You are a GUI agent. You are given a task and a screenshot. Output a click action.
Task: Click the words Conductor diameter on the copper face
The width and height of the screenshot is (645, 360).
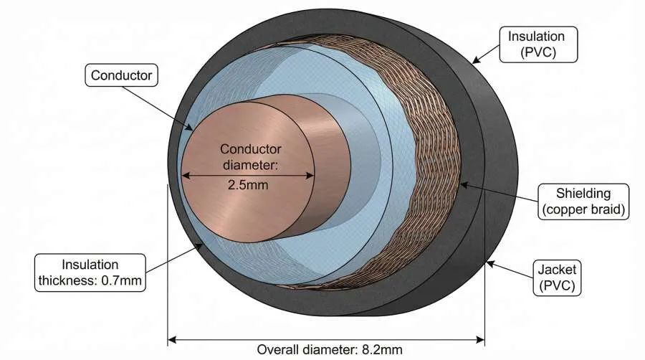250,158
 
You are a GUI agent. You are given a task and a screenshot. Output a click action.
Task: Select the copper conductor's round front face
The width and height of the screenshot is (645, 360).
236,215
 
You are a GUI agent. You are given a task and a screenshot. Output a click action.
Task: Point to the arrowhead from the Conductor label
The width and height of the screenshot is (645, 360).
191,130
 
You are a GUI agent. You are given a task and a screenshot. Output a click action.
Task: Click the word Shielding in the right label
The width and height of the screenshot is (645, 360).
582,193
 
